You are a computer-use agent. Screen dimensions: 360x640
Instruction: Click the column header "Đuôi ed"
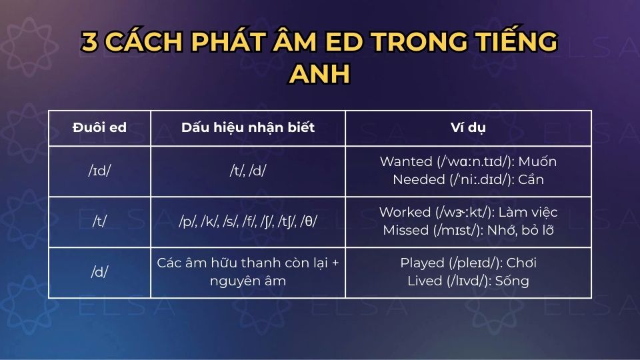99,128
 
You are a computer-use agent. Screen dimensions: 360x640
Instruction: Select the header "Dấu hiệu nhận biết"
248,128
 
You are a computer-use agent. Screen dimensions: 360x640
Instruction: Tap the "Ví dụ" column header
468,128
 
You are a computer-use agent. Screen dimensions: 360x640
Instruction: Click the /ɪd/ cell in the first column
99,171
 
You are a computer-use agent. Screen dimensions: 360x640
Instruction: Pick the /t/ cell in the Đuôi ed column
99,222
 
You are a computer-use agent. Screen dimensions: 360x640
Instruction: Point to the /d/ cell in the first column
99,273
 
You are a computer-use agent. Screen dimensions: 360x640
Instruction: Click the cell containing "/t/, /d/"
248,171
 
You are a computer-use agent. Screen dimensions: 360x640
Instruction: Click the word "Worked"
405,213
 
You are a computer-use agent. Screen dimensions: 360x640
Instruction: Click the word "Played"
422,263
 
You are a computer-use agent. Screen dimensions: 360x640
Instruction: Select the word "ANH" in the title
319,73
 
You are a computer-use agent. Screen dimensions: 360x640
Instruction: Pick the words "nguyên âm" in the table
248,281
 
